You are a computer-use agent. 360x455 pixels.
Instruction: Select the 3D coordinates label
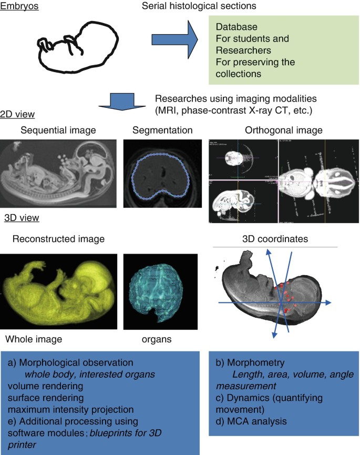point(283,239)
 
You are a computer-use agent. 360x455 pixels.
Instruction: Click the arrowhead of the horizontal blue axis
point(327,302)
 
